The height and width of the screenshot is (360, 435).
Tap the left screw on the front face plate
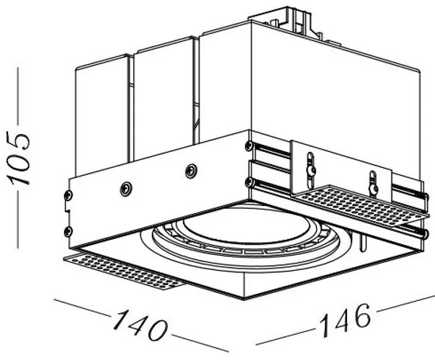point(126,188)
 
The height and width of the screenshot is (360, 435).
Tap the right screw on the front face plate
point(191,171)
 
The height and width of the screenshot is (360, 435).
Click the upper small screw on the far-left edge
point(70,196)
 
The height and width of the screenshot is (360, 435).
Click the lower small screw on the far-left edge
point(69,230)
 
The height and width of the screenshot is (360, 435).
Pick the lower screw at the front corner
point(248,182)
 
